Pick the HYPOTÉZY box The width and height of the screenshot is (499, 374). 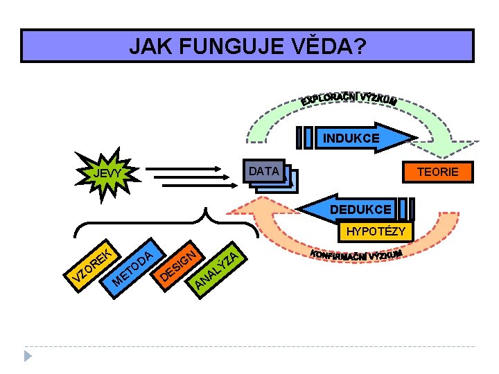pyautogui.click(x=376, y=231)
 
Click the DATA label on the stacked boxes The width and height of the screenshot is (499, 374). pyautogui.click(x=264, y=171)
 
